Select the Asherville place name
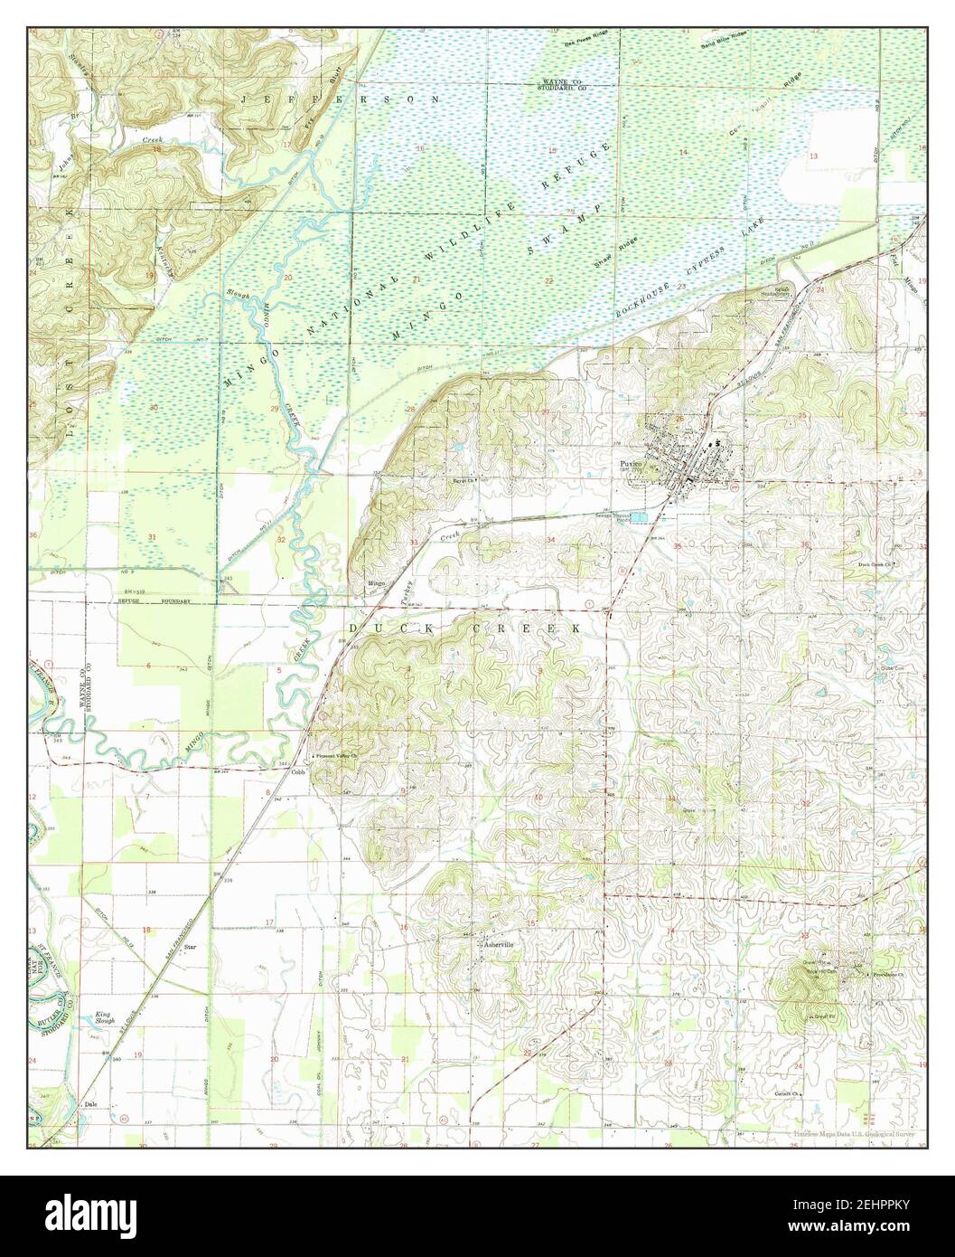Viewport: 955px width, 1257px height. tap(497, 944)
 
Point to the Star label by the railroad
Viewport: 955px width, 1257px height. tap(190, 947)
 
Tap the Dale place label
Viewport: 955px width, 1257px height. tap(89, 1104)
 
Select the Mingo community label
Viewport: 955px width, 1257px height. tap(377, 583)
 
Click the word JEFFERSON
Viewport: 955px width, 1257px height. tap(339, 97)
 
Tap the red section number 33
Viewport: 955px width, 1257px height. tap(414, 543)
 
